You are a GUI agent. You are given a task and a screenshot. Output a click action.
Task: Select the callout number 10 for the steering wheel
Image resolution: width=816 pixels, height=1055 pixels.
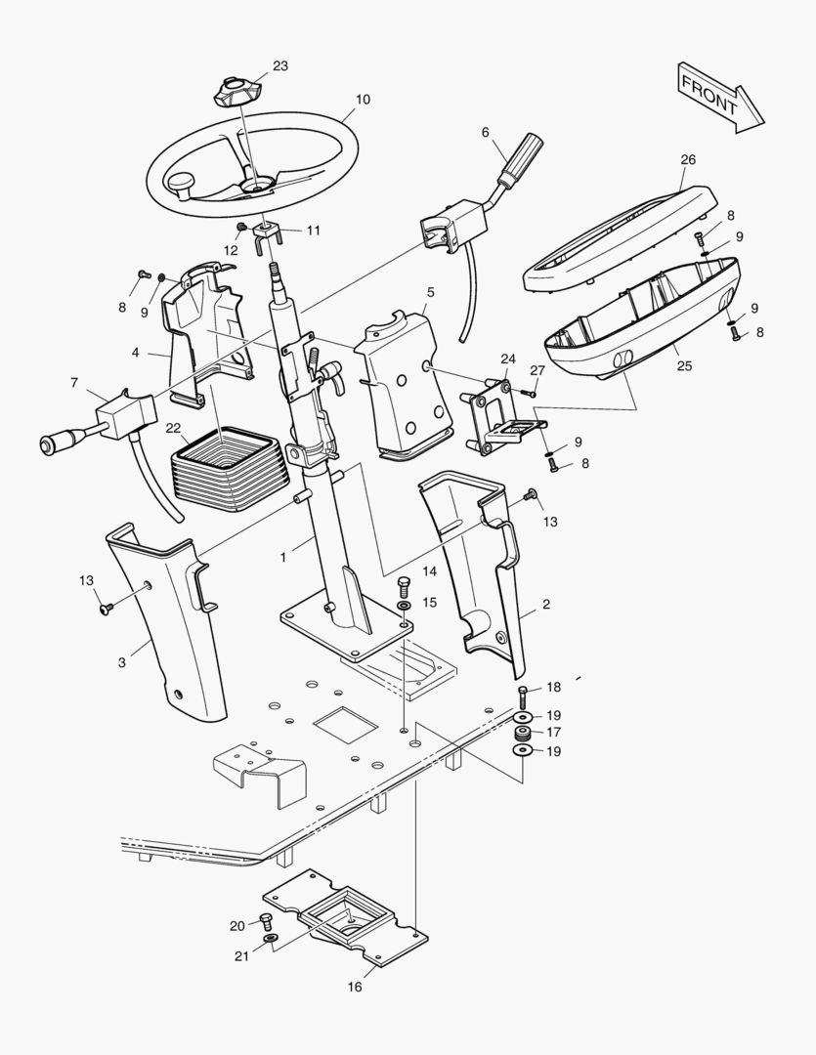coord(363,100)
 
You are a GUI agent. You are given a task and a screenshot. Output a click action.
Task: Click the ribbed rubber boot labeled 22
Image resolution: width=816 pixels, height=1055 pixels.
coord(230,468)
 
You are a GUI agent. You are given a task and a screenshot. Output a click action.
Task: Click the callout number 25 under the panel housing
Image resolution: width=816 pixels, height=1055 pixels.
coord(684,366)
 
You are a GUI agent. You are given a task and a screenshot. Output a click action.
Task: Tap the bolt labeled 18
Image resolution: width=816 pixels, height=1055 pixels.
coord(524,697)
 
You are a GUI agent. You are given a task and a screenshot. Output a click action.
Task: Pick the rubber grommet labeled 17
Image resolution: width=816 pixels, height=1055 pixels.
coord(524,733)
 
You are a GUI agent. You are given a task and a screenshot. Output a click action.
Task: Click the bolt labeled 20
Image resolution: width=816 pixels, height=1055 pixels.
coord(265,919)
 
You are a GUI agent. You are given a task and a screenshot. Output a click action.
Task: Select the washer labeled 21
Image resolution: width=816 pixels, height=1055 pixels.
coord(270,941)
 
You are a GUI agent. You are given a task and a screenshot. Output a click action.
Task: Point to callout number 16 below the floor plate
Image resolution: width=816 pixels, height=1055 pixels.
coord(355,987)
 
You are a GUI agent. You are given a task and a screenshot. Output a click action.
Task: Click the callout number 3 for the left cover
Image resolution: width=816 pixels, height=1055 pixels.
coord(122,662)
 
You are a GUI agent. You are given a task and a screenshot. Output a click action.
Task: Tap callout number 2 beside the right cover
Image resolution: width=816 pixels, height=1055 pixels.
coord(545,605)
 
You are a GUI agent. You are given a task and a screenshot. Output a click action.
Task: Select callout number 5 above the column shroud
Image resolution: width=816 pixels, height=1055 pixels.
coord(431,292)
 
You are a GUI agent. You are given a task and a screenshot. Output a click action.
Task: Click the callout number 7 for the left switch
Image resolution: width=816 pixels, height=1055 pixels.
coord(74,382)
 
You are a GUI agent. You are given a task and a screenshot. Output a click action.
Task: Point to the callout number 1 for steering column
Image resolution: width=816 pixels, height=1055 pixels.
coord(283,557)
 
